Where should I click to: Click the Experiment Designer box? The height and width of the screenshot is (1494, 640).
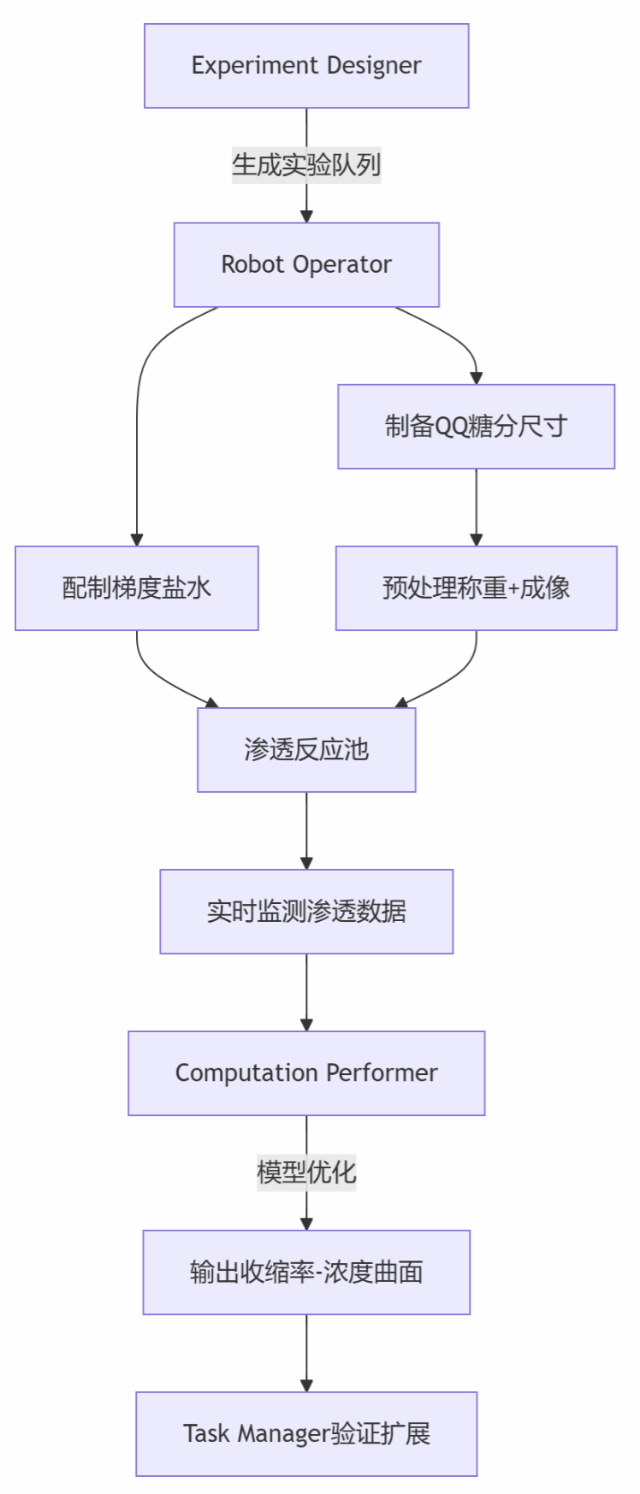coord(306,66)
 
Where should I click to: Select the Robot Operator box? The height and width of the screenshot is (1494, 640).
coord(306,265)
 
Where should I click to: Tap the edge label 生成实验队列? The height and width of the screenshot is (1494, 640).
coord(306,164)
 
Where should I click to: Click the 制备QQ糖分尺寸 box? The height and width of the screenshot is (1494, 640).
coord(477,427)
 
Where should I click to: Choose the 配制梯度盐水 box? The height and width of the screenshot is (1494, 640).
coord(137,588)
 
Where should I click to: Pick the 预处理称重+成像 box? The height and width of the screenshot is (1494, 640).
coord(477,588)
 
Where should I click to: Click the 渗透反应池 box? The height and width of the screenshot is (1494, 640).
coord(306,750)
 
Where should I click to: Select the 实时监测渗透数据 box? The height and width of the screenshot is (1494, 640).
coord(306,912)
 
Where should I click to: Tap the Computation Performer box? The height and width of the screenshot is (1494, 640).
coord(306,1073)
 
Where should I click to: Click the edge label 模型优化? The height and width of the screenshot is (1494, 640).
coord(306,1172)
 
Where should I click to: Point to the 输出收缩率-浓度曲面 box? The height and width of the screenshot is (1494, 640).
coord(306,1273)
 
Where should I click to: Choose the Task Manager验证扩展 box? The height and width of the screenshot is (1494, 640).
coord(306,1434)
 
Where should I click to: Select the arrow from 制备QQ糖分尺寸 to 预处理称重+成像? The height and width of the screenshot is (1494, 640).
coord(477,508)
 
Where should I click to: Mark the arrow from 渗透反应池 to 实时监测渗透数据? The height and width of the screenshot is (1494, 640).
coord(306,831)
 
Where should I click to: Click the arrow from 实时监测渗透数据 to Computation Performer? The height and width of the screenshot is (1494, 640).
coord(306,993)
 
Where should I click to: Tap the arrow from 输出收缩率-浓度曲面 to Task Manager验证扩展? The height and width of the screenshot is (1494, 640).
coord(306,1354)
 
